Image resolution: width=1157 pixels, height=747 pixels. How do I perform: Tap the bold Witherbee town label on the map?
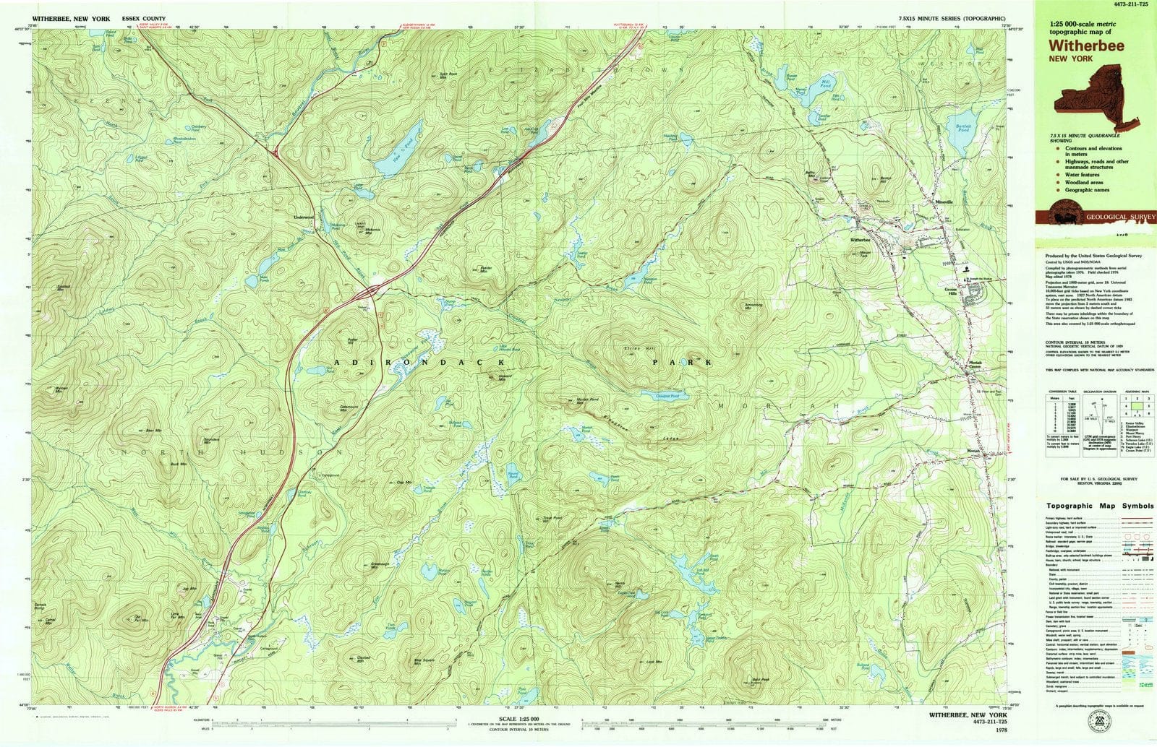(x=861, y=239)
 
